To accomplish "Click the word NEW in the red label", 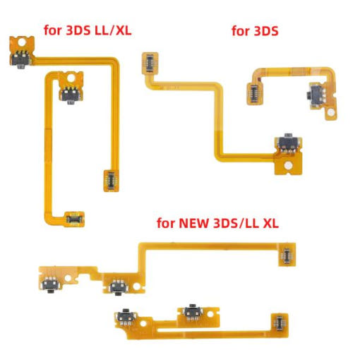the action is pos(193,223).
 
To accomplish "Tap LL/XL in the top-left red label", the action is pos(113,30).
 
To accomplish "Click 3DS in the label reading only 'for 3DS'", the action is pos(266,31).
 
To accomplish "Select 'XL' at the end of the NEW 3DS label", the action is pos(270,223).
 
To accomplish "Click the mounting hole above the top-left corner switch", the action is pos(21,42).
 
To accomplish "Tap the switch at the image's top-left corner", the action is pos(21,60).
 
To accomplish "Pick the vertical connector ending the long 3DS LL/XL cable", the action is pos(111,181).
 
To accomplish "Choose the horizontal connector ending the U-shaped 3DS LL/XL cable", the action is pos(75,219).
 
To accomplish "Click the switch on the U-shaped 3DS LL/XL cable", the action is pos(71,94).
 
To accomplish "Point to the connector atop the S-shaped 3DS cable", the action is pos(150,63).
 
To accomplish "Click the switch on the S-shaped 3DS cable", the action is pos(288,142).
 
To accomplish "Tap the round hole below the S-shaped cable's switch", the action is pos(287,166).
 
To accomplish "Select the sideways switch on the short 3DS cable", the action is pos(316,95).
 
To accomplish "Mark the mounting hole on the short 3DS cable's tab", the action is pos(330,114).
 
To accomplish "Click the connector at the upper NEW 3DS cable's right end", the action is pos(287,255).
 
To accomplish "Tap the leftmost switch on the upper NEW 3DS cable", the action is pos(50,284).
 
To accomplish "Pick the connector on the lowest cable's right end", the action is pos(280,323).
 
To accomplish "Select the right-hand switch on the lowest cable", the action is pos(193,312).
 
